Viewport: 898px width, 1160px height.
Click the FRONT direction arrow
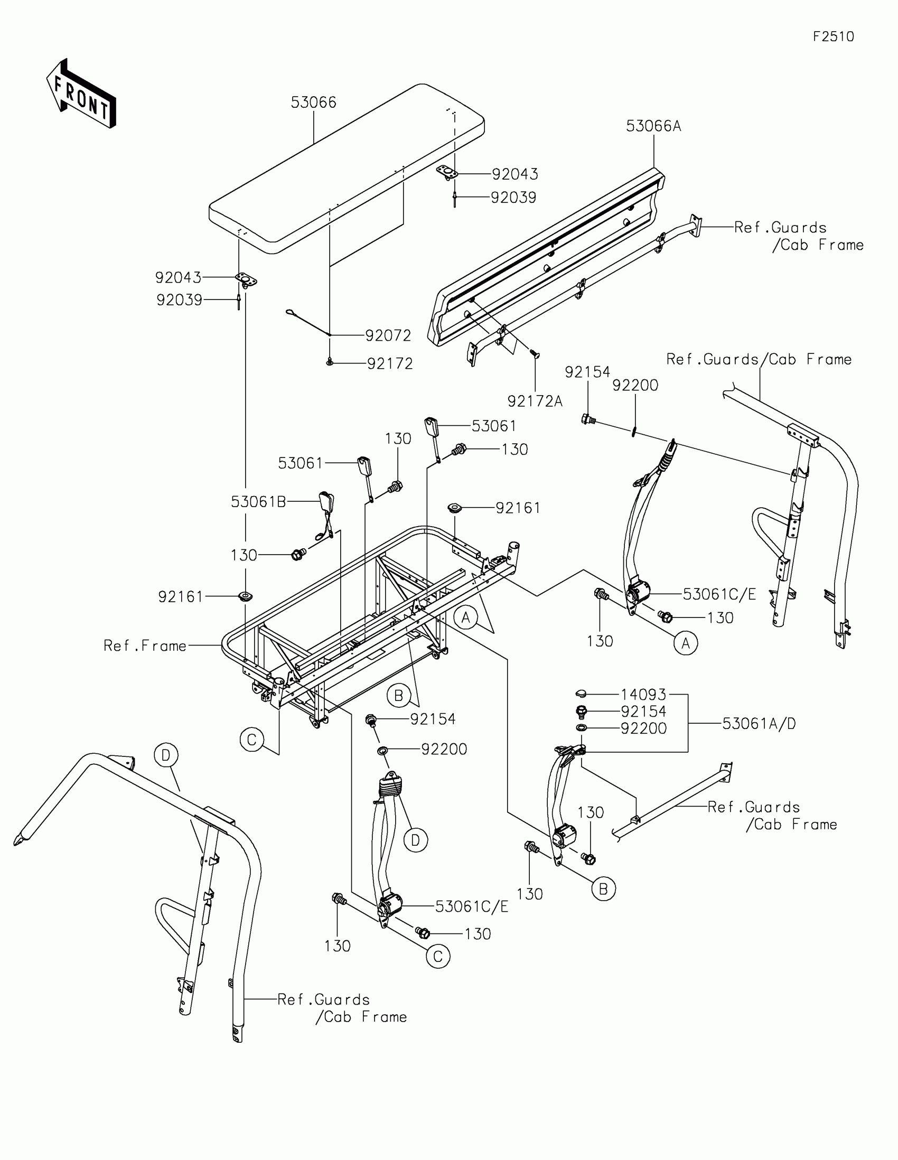click(81, 94)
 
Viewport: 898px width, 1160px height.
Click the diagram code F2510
click(833, 36)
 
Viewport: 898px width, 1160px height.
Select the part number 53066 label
click(313, 102)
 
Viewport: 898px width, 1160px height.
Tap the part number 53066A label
click(653, 126)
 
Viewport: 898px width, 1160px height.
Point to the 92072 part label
click(388, 335)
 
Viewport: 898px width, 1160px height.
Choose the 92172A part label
click(535, 401)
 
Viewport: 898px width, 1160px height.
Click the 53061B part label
click(259, 501)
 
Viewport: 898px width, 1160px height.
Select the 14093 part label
click(643, 694)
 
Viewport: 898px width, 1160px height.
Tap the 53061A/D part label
click(759, 723)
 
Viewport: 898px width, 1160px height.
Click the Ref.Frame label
click(145, 646)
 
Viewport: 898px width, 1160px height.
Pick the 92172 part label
click(390, 364)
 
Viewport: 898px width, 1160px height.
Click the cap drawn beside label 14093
click(581, 693)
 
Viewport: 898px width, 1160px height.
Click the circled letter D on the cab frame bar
click(166, 755)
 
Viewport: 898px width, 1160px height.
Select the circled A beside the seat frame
click(466, 617)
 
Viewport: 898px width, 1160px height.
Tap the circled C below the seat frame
click(252, 740)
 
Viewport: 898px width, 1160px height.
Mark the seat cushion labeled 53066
click(345, 170)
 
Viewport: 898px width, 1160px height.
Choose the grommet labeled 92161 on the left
click(245, 596)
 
